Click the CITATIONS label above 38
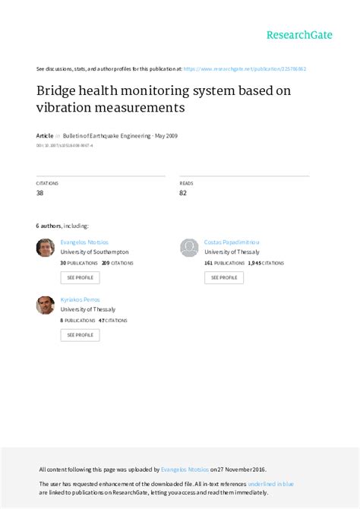[x=47, y=184]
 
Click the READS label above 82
[x=186, y=184]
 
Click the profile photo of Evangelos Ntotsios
[x=46, y=248]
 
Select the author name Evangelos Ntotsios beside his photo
[x=85, y=242]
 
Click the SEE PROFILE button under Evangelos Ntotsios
[x=80, y=277]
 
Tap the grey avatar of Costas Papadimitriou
[x=189, y=248]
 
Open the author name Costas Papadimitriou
[x=232, y=242]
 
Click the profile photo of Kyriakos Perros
[x=46, y=305]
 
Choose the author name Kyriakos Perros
[x=80, y=299]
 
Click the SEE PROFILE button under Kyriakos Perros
[x=80, y=334]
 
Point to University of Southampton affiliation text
[x=94, y=251]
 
